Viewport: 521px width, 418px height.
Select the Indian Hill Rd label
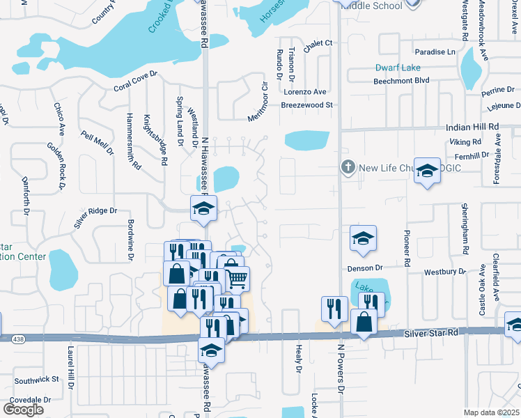pyautogui.click(x=473, y=127)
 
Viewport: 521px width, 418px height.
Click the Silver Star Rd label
pyautogui.click(x=432, y=334)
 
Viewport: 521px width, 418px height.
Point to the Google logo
pyautogui.click(x=23, y=410)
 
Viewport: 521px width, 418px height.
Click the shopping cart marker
pyautogui.click(x=237, y=279)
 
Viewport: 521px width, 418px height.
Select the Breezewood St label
pyautogui.click(x=308, y=105)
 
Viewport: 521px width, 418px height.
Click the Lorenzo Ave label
pyautogui.click(x=304, y=92)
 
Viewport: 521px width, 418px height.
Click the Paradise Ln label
pyautogui.click(x=435, y=52)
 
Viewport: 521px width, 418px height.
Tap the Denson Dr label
pyautogui.click(x=365, y=268)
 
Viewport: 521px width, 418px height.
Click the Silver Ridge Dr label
pyautogui.click(x=95, y=217)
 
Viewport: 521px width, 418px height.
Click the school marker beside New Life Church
pyautogui.click(x=427, y=170)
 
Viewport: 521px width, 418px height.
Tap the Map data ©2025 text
pyautogui.click(x=491, y=412)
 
